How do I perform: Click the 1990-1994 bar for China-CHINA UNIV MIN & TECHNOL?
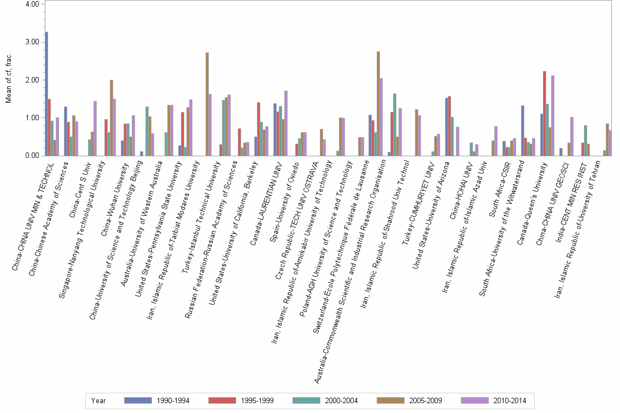point(46,93)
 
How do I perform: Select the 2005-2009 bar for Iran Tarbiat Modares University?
point(207,104)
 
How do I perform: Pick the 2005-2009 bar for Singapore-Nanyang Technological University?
point(112,117)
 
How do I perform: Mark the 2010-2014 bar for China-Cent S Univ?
point(95,128)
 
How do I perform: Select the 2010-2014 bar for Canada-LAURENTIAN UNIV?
point(286,123)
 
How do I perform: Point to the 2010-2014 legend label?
point(510,400)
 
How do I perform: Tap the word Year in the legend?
point(99,400)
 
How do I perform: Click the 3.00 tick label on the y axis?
point(32,42)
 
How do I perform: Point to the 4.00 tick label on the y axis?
point(32,4)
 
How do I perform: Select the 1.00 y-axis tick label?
point(32,118)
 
